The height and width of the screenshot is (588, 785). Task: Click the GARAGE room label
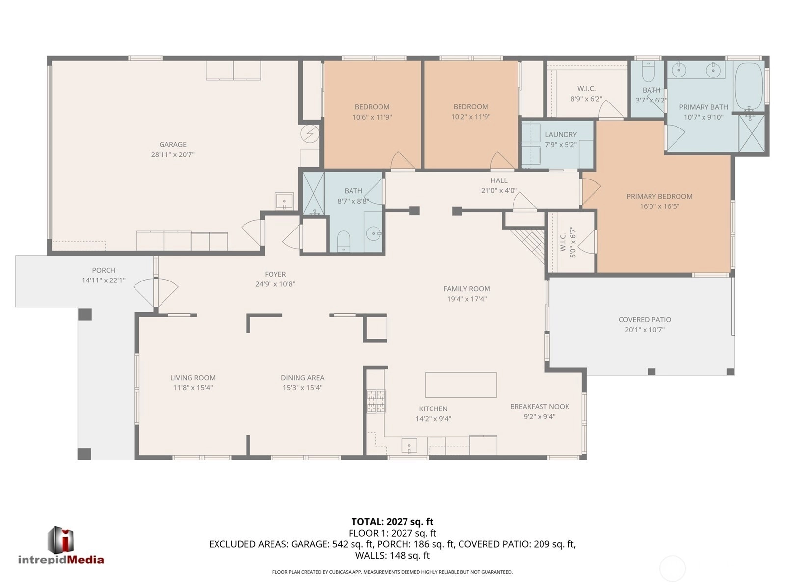click(173, 144)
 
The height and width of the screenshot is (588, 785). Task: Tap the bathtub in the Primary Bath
click(749, 87)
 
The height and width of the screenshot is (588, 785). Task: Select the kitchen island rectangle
click(460, 385)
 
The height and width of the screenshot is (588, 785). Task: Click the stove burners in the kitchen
click(376, 402)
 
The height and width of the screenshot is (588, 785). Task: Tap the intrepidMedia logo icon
click(61, 540)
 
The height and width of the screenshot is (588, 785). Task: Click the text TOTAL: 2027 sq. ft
click(392, 522)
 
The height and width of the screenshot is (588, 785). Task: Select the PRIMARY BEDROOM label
click(659, 196)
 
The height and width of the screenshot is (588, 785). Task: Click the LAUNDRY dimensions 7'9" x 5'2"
click(561, 145)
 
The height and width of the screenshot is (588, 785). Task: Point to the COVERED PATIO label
click(645, 320)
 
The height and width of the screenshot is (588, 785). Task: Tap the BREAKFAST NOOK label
click(540, 407)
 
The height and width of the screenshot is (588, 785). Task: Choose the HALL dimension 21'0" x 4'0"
click(499, 190)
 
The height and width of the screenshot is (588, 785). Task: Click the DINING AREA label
click(302, 378)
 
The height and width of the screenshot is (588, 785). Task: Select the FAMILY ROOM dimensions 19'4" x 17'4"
click(467, 299)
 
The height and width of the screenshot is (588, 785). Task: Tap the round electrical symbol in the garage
click(310, 133)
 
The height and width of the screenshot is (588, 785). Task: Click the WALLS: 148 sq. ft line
click(392, 556)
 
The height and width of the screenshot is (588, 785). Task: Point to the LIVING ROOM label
click(193, 378)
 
